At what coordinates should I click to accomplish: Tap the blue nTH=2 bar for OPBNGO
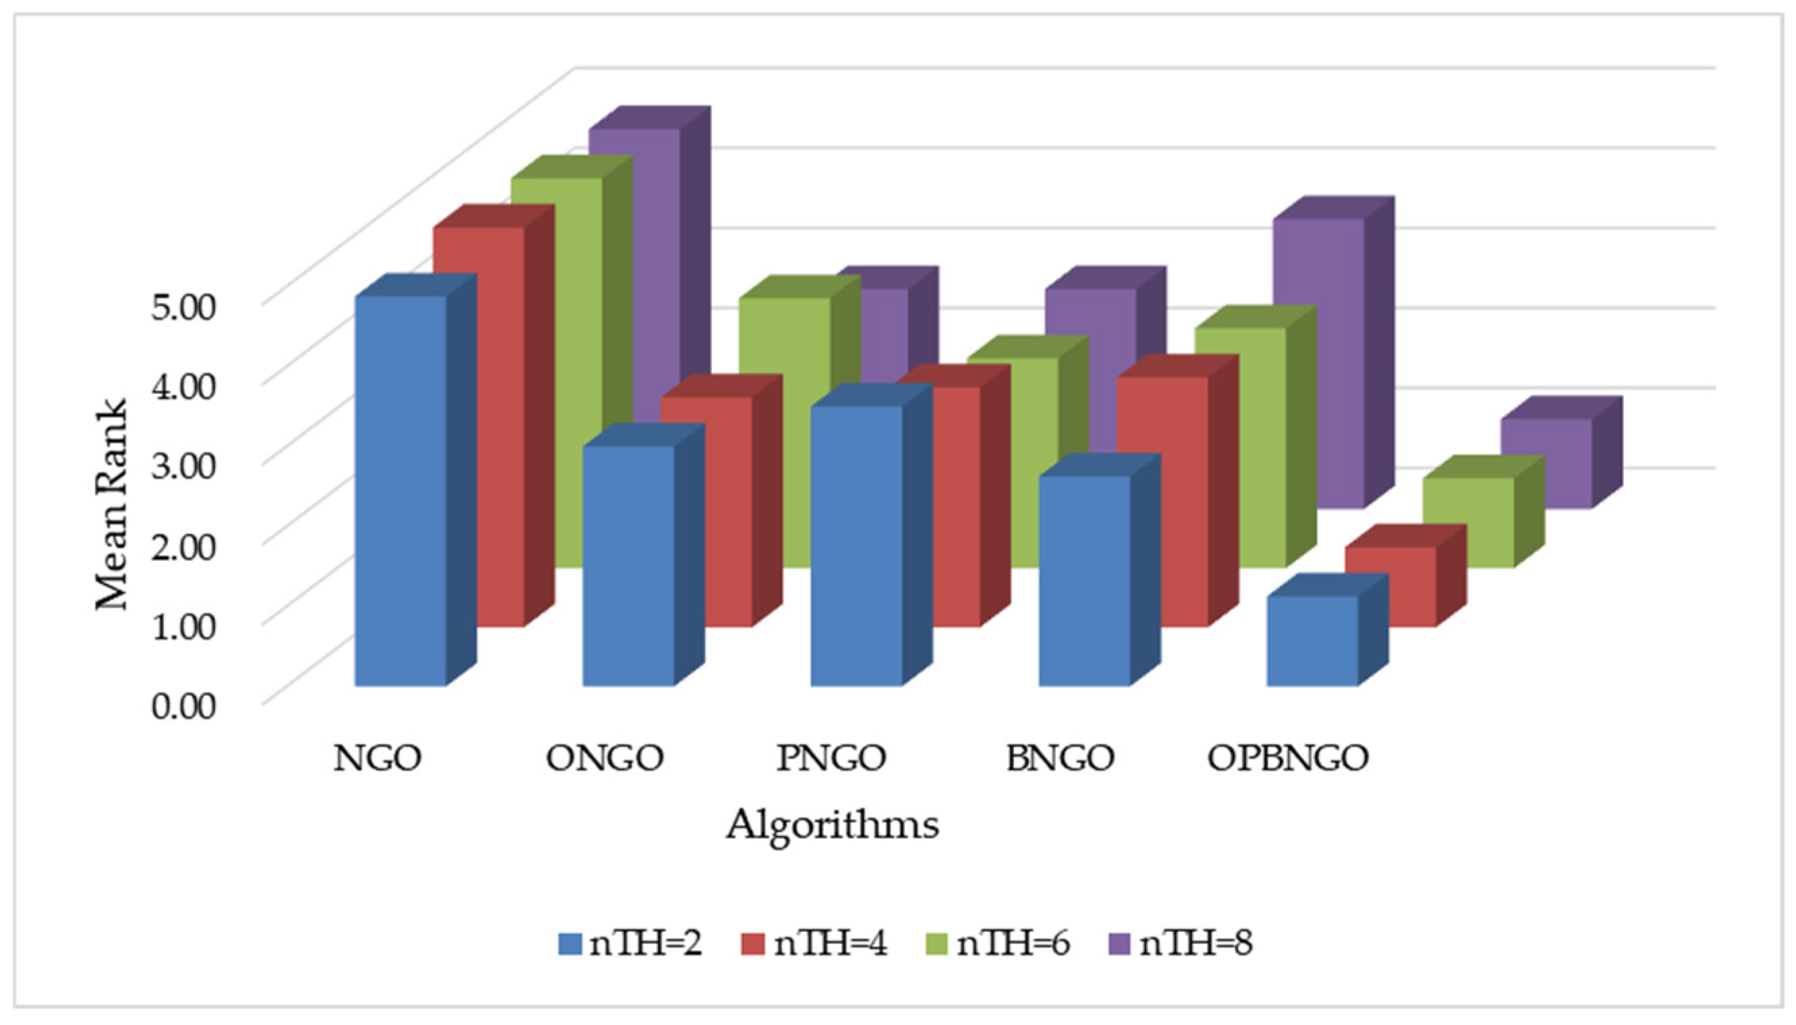click(x=1312, y=640)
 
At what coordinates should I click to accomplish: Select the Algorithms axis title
click(x=832, y=824)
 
